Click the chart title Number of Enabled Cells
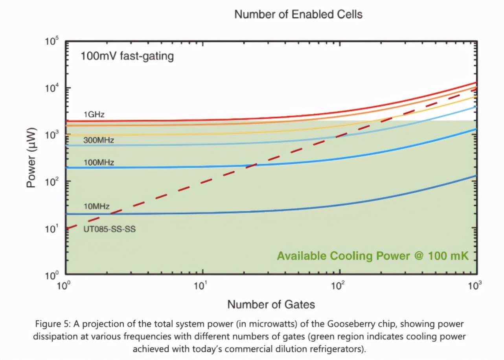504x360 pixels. click(298, 15)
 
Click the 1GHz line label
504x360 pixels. click(94, 114)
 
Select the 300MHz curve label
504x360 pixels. click(98, 140)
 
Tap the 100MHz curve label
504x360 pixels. click(98, 162)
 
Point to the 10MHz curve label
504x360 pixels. click(96, 206)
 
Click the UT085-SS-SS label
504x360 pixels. click(109, 229)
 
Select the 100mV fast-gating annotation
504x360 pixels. click(127, 56)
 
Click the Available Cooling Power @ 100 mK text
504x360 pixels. click(373, 256)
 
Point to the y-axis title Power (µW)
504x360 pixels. click(33, 157)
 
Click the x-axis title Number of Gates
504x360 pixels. click(271, 304)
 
